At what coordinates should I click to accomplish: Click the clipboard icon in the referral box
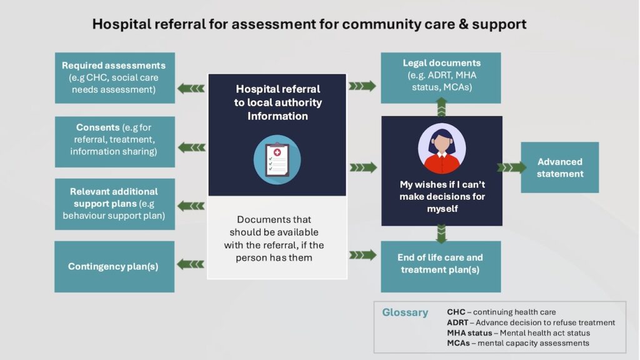(x=277, y=159)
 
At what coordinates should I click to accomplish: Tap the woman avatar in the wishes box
(x=442, y=149)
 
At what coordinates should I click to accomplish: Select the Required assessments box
(x=115, y=77)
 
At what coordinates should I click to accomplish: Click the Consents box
(x=115, y=142)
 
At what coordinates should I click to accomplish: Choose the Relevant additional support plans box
(x=115, y=204)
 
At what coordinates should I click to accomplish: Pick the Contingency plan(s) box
(x=114, y=266)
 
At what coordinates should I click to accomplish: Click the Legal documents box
(x=441, y=77)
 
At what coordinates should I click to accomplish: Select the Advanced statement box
(x=559, y=167)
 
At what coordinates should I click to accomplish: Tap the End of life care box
(x=441, y=266)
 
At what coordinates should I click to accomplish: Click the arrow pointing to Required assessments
(x=191, y=88)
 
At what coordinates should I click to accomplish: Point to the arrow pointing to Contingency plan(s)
(x=191, y=264)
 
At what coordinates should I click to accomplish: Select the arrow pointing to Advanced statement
(x=512, y=167)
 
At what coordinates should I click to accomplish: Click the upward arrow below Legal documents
(x=441, y=107)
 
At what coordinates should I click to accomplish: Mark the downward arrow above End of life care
(x=441, y=234)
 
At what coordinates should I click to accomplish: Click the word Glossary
(x=405, y=312)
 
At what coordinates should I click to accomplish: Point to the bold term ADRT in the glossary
(x=457, y=322)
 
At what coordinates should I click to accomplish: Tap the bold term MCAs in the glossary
(x=458, y=343)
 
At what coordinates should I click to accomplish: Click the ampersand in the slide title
(x=463, y=24)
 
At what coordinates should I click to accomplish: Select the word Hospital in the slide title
(x=116, y=24)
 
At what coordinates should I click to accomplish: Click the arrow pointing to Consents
(x=192, y=147)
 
